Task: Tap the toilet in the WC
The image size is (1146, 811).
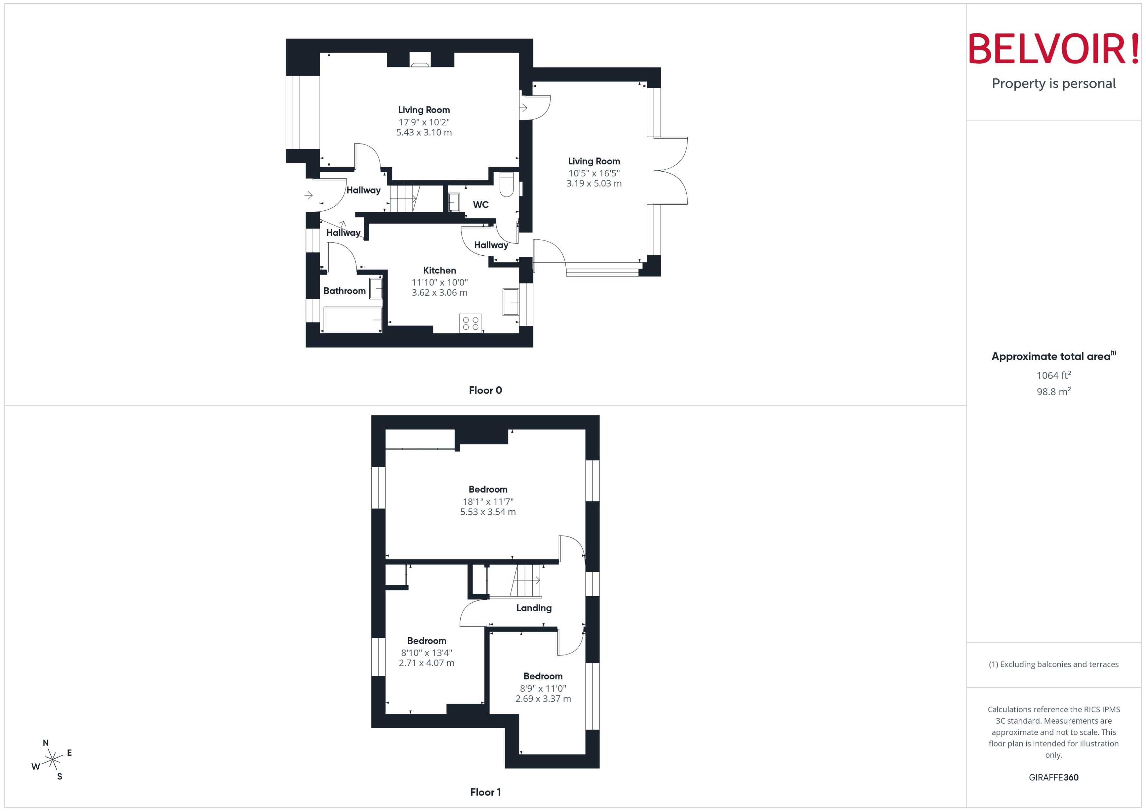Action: (506, 185)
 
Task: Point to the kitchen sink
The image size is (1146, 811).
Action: (510, 302)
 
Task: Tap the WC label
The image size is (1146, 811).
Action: (480, 205)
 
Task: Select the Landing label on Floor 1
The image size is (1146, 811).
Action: (534, 608)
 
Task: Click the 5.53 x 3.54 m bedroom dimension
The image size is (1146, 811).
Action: (488, 512)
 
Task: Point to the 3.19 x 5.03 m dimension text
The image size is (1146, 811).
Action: (594, 184)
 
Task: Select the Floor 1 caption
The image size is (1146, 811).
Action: (485, 792)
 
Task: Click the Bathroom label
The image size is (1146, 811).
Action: (344, 291)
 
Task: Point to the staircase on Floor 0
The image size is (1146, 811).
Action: (403, 199)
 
